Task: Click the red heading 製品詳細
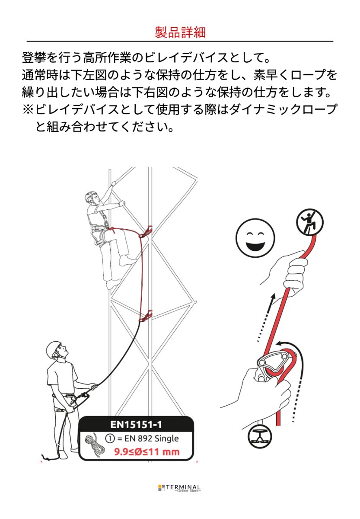pos(180,32)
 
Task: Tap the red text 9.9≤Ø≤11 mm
pos(147,453)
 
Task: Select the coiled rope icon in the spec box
pos(95,445)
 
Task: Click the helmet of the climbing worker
pos(91,196)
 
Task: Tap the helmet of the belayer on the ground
pos(54,348)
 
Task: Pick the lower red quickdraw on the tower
pos(146,316)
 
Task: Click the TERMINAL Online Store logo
pos(180,488)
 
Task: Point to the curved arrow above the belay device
pos(290,344)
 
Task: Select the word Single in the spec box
pos(166,439)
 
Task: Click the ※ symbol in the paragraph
pos(28,109)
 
